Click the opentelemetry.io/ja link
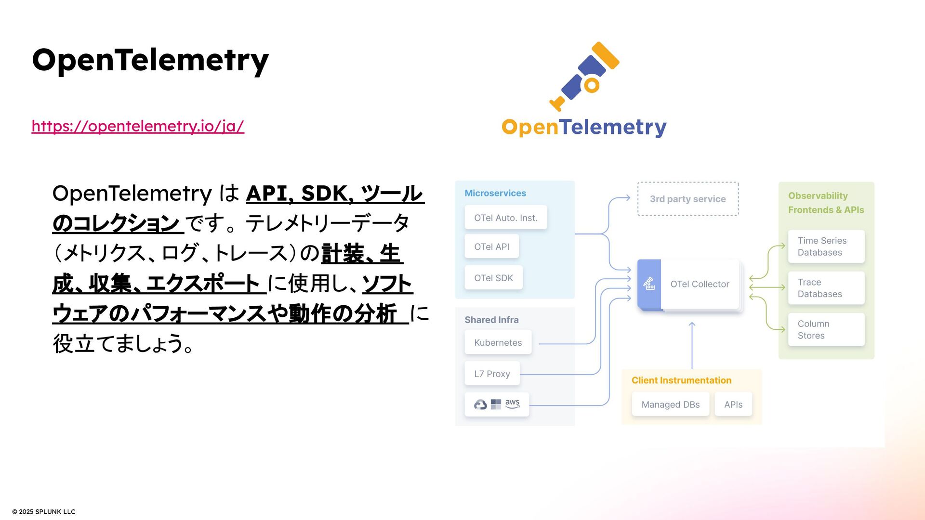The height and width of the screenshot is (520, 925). pyautogui.click(x=138, y=126)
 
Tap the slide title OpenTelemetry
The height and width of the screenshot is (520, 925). pyautogui.click(x=150, y=60)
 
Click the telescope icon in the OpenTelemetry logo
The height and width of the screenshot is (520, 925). pyautogui.click(x=584, y=76)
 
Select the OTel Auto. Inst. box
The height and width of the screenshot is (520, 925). pyautogui.click(x=505, y=218)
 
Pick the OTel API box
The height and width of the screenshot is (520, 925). pyautogui.click(x=491, y=247)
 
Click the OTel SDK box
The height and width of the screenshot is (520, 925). pyautogui.click(x=493, y=278)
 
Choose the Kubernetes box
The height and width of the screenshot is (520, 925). pyautogui.click(x=498, y=342)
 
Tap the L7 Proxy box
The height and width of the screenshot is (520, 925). pyautogui.click(x=492, y=374)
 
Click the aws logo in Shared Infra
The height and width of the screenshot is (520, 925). pyautogui.click(x=512, y=403)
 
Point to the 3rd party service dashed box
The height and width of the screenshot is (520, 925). pyautogui.click(x=687, y=199)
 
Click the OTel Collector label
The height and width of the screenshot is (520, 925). pyautogui.click(x=700, y=284)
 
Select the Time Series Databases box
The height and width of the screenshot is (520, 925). pyautogui.click(x=826, y=247)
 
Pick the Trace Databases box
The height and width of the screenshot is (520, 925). pyautogui.click(x=826, y=288)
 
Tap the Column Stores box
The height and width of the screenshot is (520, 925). pyautogui.click(x=826, y=329)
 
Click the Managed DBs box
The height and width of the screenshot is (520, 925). pyautogui.click(x=670, y=404)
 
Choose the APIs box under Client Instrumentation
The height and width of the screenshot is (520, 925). pyautogui.click(x=733, y=404)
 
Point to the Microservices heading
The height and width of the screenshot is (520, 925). pyautogui.click(x=495, y=193)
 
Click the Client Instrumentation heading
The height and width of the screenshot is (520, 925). pyautogui.click(x=681, y=380)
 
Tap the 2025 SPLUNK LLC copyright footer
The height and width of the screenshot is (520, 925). pyautogui.click(x=44, y=511)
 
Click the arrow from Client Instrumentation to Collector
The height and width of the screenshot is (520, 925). pyautogui.click(x=692, y=346)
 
